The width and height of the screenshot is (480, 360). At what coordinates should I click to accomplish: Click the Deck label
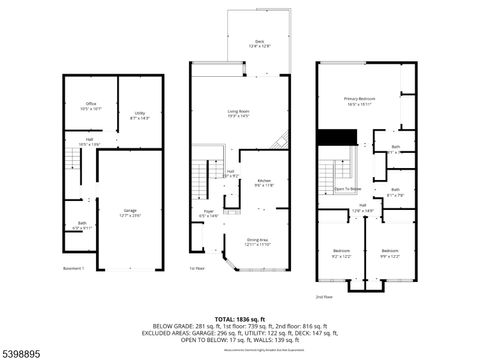pos(258,42)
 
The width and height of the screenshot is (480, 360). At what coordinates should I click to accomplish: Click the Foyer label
pos(210,213)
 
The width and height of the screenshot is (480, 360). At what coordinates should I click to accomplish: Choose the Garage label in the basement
pos(131,212)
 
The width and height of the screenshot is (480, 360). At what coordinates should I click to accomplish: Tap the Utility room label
pos(141,115)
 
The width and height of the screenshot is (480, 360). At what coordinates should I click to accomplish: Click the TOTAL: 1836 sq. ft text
pos(239,319)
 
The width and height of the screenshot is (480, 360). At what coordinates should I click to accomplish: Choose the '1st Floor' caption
pos(198,269)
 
